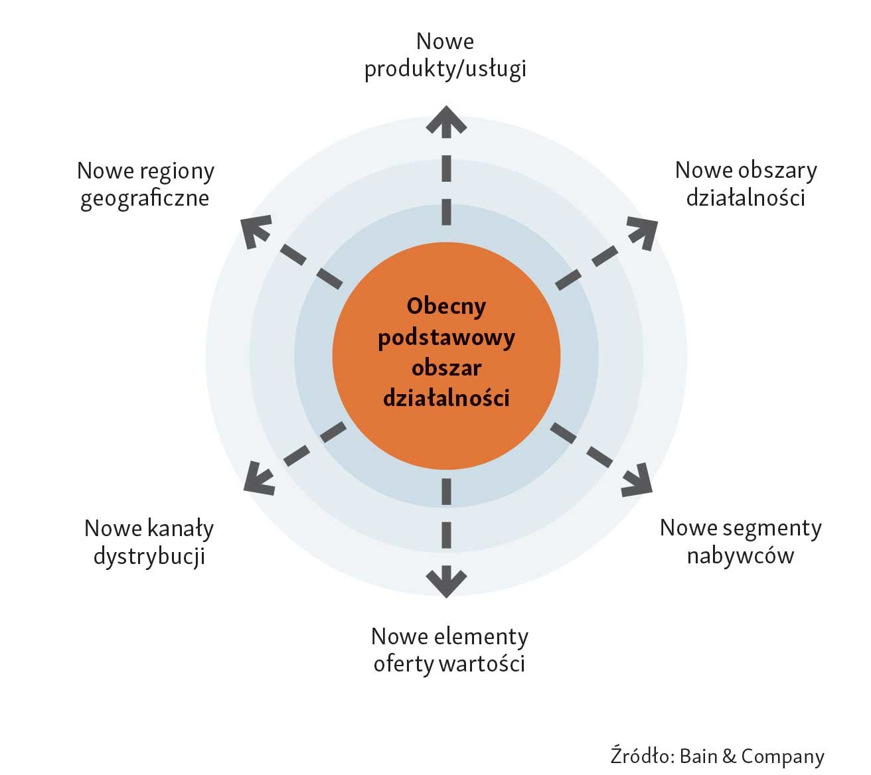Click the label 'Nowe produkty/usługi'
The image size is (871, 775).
point(445,55)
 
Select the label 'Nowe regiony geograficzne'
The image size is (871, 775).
point(145,184)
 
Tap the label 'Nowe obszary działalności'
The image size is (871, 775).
point(746,184)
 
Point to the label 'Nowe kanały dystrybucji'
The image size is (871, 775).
point(149,542)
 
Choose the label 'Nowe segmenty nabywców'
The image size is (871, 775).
point(740,541)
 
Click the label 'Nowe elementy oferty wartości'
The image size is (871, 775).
point(449,650)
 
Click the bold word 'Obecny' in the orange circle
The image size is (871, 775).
point(446,306)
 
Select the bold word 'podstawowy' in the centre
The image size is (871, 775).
point(446,337)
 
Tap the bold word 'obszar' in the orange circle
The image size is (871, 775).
point(446,368)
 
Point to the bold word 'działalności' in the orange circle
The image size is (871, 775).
point(446,398)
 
